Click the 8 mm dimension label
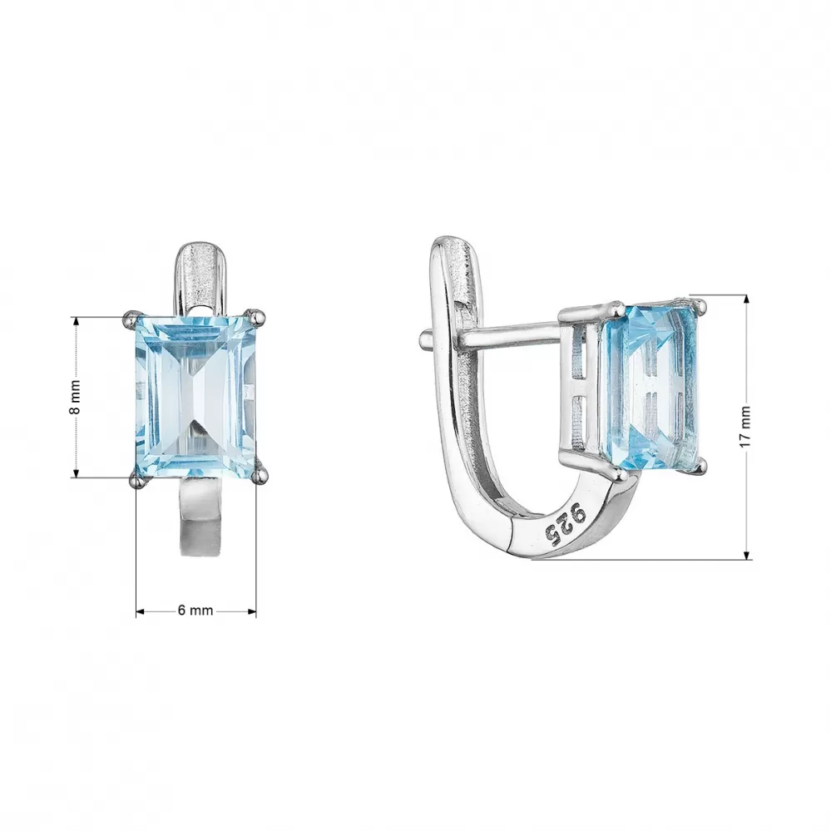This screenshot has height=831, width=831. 76,398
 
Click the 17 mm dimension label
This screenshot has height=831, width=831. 745,426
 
